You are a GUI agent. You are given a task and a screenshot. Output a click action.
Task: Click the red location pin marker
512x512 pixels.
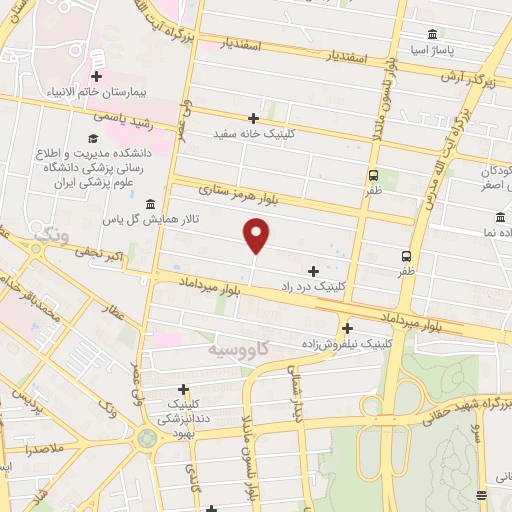click(x=257, y=235)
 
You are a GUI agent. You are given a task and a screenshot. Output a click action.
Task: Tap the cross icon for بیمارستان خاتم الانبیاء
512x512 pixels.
click(x=96, y=76)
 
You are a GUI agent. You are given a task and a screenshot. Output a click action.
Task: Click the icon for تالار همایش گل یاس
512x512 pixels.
click(x=150, y=203)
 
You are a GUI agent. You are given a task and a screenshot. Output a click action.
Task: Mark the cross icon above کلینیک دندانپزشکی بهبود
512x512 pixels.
click(x=183, y=389)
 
